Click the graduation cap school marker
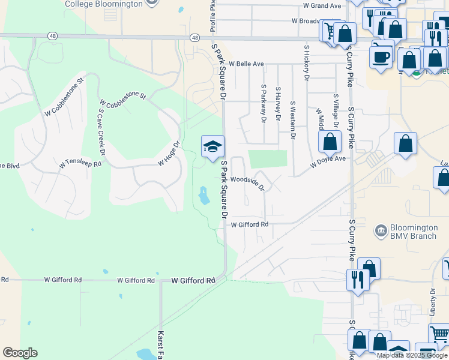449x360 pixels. [x=212, y=146]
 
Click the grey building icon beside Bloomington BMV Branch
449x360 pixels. [x=379, y=230]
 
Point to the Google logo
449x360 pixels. [x=20, y=353]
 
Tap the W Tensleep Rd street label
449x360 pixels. [x=80, y=164]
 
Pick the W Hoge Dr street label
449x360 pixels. [x=169, y=154]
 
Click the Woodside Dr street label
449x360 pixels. [x=247, y=182]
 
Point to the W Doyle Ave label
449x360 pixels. [x=328, y=161]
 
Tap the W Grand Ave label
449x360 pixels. [x=322, y=5]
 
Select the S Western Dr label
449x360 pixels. [x=292, y=120]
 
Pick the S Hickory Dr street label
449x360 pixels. [x=307, y=62]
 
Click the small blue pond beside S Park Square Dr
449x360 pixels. [x=203, y=195]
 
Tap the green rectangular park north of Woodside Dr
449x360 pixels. [x=268, y=159]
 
